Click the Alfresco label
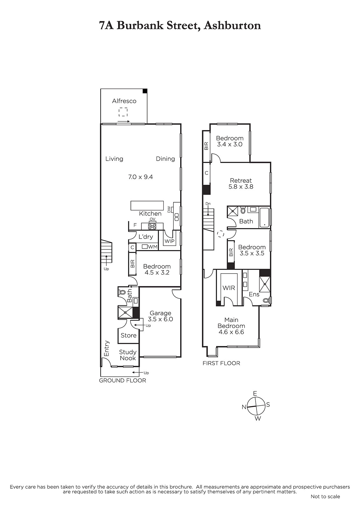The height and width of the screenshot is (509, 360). pos(124,101)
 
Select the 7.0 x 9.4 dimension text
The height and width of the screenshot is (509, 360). pos(141,177)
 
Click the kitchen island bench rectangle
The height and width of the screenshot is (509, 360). pos(147,206)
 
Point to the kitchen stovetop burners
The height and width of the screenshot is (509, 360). pos(152,226)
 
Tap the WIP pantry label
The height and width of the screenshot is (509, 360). pos(169,241)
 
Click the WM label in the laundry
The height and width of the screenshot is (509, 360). pos(153,247)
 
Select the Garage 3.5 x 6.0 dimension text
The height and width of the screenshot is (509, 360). pos(160,319)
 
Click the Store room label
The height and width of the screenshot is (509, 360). pos(129,335)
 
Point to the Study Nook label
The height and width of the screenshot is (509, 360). pos(128,355)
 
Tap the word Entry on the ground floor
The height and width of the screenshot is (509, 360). pos(106,348)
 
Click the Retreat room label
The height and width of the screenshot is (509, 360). pos(241,180)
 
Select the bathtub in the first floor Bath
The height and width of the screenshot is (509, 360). pos(265,218)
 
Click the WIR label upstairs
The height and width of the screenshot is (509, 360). pos(229,288)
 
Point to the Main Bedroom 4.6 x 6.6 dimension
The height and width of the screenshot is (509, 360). pos(231,332)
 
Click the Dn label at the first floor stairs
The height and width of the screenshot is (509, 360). pos(208,204)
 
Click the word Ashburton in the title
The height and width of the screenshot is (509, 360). pos(232,25)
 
